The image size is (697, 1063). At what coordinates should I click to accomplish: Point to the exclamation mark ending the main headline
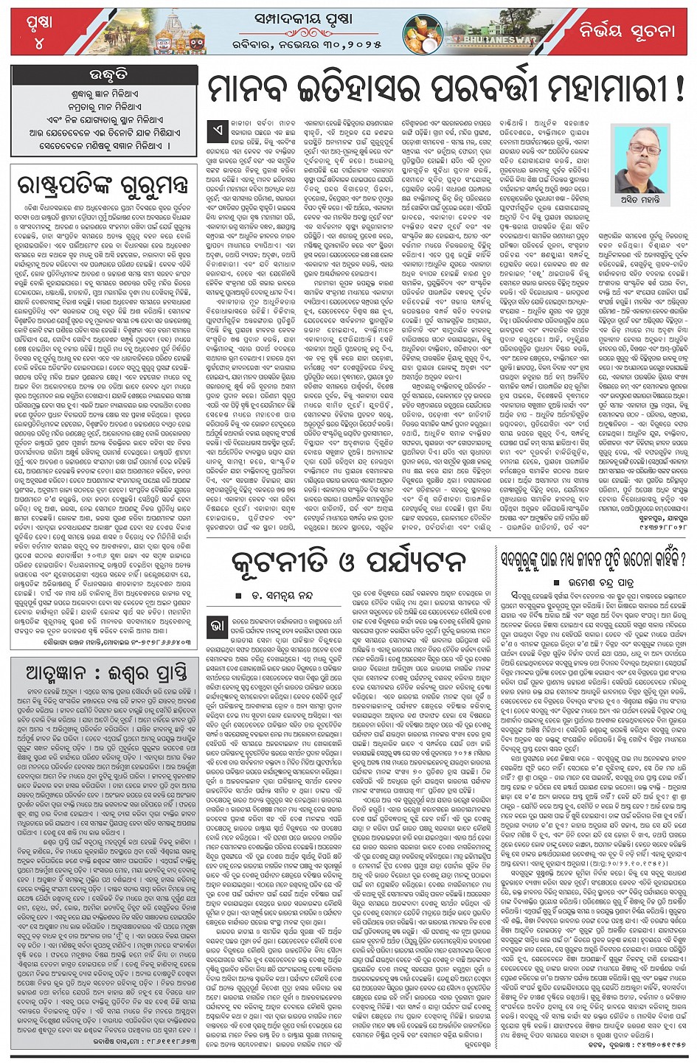[676, 91]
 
